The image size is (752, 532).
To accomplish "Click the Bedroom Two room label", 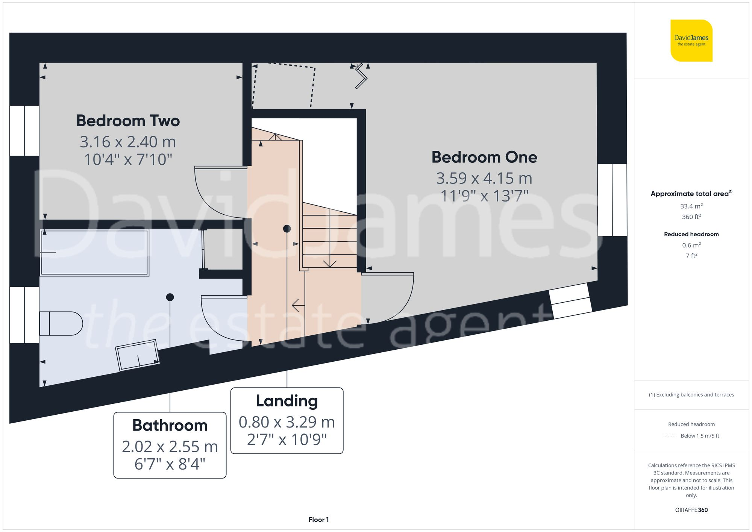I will click(x=128, y=121).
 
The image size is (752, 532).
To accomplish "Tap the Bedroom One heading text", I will click(x=484, y=157).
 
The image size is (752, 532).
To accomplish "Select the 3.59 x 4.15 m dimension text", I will click(x=484, y=178).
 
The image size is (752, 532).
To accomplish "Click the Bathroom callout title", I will click(x=170, y=425).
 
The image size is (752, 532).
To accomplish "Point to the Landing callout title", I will click(x=287, y=401).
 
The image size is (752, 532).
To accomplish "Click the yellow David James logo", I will click(x=691, y=41).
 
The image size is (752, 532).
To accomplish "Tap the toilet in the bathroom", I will click(x=61, y=323).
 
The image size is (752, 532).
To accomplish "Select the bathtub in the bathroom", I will click(x=94, y=252).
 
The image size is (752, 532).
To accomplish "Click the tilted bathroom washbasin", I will click(x=137, y=355).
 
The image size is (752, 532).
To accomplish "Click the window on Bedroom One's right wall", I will click(x=612, y=200).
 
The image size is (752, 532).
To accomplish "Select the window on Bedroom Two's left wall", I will click(x=24, y=130).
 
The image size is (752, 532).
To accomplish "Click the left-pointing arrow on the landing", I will click(x=298, y=305).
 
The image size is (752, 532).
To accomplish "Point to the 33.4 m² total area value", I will click(x=691, y=206).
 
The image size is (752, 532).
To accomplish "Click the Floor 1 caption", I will click(x=318, y=520).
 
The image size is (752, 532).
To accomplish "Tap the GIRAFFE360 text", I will click(x=691, y=510).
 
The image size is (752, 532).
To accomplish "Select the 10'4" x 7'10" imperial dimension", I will click(x=128, y=159).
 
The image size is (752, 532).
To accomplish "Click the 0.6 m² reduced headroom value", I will click(x=691, y=245).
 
